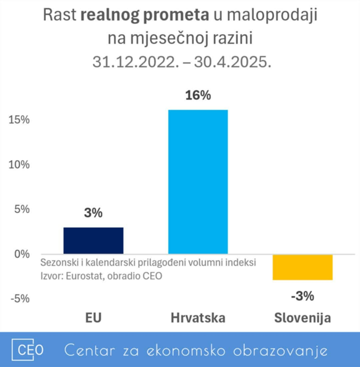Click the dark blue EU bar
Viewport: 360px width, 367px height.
click(x=93, y=240)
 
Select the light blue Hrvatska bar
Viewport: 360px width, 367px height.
click(x=198, y=182)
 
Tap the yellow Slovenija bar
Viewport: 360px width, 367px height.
click(x=303, y=267)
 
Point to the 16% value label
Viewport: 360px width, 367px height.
click(x=198, y=95)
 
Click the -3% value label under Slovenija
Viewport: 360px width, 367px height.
click(x=302, y=296)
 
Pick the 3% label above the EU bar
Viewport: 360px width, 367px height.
click(x=93, y=213)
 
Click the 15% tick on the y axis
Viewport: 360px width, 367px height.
click(x=19, y=120)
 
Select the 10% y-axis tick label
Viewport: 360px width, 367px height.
click(x=19, y=164)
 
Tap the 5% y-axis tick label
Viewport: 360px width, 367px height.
click(x=21, y=209)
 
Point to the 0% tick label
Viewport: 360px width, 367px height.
click(x=21, y=254)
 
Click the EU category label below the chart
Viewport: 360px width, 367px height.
click(x=93, y=318)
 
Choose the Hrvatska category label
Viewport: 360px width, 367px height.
click(x=198, y=318)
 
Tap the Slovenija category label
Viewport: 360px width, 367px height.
click(x=302, y=318)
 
